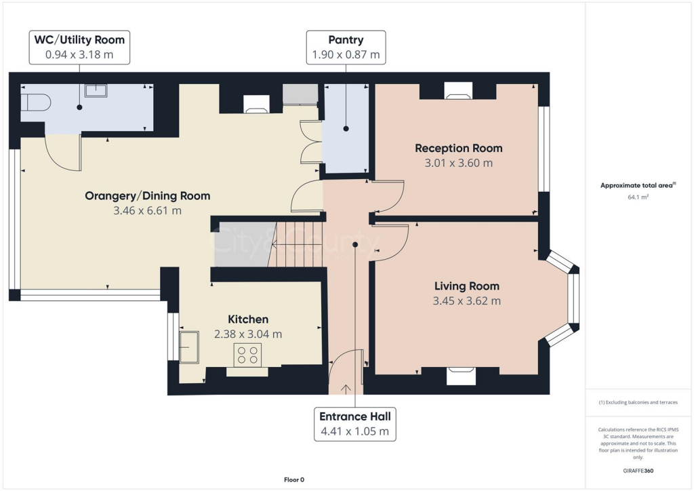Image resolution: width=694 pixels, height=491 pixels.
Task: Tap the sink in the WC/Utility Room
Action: coord(96,90)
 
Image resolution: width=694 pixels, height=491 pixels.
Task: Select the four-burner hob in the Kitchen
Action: coord(247,355)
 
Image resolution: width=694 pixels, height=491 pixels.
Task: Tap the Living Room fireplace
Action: coord(461,375)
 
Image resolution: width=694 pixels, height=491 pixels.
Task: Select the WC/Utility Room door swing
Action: coord(64,154)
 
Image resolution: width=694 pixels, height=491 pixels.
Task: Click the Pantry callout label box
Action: coord(346,47)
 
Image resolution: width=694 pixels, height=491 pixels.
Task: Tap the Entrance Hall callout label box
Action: coord(354,423)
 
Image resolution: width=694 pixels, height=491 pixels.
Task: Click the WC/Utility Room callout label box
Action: coord(80,47)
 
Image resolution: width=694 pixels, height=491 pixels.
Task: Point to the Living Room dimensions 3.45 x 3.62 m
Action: coord(466,301)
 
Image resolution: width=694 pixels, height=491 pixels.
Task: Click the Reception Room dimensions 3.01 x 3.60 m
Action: coord(459,163)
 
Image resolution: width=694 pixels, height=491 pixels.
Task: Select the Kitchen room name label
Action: coord(248,319)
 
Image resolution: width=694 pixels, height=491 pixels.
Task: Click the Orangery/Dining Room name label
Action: coord(147,196)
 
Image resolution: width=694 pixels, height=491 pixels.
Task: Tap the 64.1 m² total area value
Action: coord(639,197)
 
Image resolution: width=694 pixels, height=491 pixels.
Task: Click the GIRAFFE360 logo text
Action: coord(639,470)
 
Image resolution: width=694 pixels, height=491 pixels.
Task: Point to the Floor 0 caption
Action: coord(294,479)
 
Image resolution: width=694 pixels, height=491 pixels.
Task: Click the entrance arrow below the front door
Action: coord(346,389)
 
